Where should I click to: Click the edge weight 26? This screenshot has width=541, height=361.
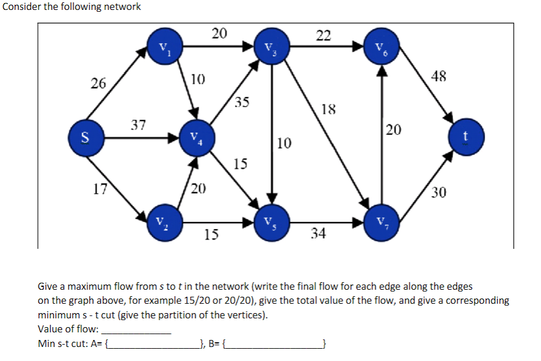(x=99, y=83)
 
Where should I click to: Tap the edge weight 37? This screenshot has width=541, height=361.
(x=138, y=124)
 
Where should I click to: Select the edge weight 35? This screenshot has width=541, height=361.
(x=242, y=103)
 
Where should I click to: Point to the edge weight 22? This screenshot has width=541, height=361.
(x=324, y=36)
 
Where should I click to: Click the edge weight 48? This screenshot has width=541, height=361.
(x=440, y=76)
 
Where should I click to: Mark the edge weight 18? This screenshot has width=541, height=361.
(x=328, y=109)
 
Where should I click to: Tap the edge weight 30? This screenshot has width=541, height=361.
(x=438, y=192)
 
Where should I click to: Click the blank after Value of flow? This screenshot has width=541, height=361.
(x=136, y=329)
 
